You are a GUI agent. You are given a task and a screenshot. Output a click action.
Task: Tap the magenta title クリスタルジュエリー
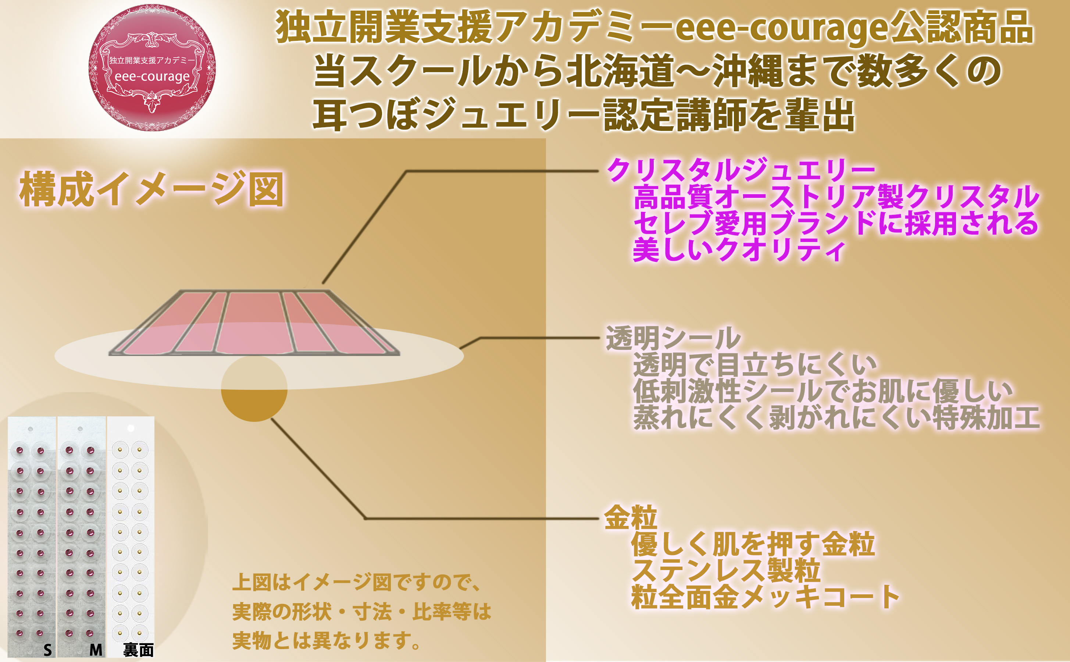[x=741, y=170]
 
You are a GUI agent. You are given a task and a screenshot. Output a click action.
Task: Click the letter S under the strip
[x=48, y=650]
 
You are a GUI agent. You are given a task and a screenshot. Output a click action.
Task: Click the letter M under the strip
[x=96, y=650]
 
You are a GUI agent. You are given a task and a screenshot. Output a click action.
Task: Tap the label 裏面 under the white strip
[x=138, y=650]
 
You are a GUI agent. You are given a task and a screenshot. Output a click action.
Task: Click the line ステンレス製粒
[x=725, y=570]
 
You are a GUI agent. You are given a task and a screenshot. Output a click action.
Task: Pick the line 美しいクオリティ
[x=739, y=250]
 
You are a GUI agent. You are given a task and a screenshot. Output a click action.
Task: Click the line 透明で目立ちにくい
[x=755, y=364]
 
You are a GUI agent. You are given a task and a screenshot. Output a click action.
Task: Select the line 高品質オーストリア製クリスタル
[x=836, y=197]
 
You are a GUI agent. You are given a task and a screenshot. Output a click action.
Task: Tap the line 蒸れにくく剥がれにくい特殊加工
[x=836, y=417]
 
